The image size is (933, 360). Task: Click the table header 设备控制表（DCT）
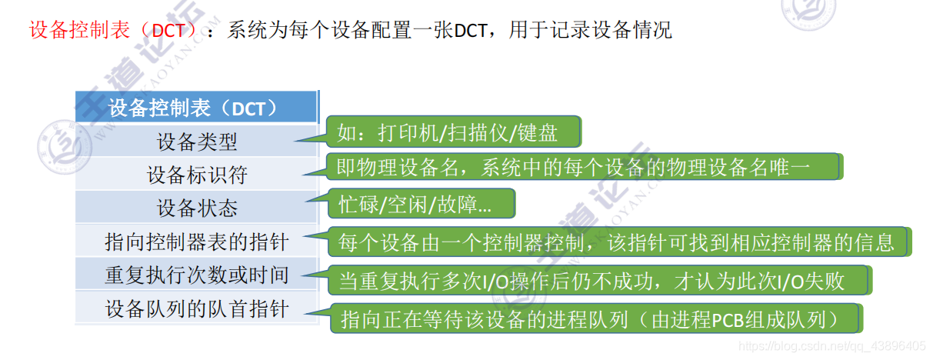[x=196, y=108]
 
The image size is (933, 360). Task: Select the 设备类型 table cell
[x=196, y=142]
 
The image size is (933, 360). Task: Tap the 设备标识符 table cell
[x=196, y=175]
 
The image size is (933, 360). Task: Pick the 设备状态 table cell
[x=196, y=208]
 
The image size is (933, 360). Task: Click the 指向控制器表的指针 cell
[x=196, y=242]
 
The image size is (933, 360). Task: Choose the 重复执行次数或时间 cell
[x=196, y=275]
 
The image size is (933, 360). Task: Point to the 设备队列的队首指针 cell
[x=196, y=308]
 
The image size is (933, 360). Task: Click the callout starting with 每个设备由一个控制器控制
[x=616, y=242]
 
